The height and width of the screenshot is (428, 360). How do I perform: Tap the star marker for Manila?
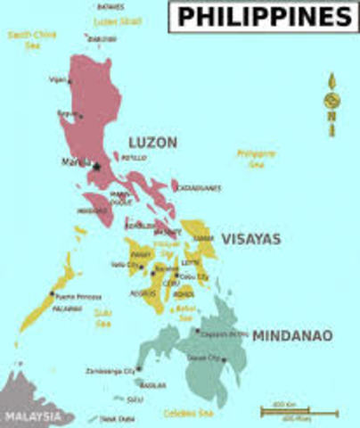[x=96, y=165]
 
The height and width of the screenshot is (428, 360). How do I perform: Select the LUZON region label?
[x=152, y=143]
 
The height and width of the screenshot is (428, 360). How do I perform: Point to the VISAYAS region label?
[x=250, y=239]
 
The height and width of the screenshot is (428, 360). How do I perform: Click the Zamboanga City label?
[x=117, y=369]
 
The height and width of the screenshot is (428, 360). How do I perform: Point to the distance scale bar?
[x=299, y=412]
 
